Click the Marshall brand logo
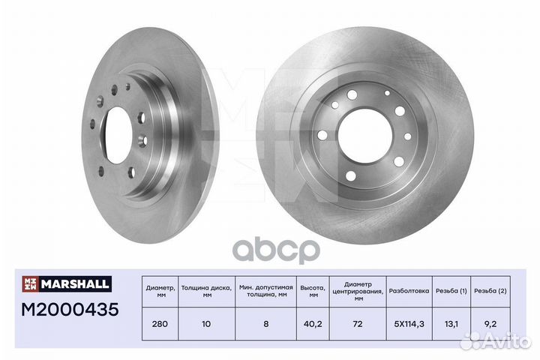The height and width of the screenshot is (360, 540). pos(67,283)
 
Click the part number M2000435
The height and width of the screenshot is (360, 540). pos(70,309)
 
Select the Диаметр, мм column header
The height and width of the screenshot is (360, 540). pos(160,292)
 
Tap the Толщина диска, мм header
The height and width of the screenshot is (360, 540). pos(207,292)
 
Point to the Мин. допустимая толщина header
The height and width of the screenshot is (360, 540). pos(265,292)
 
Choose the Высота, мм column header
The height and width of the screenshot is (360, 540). pos(313,292)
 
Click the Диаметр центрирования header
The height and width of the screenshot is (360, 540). pos(358,292)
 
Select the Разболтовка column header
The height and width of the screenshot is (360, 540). pos(409,291)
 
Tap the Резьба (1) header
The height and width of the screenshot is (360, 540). pos(451,291)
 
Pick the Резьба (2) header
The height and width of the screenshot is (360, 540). pos(490,291)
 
